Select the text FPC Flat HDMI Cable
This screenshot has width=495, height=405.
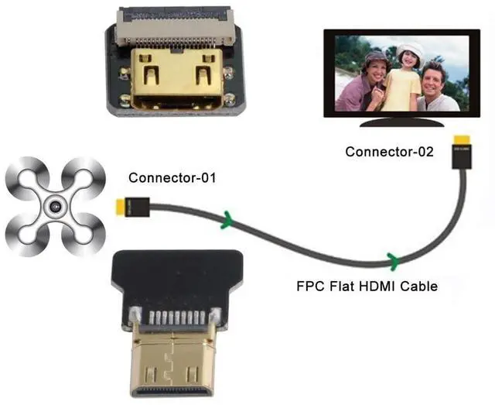(x=367, y=287)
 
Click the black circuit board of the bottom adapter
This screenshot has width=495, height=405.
(x=169, y=275)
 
